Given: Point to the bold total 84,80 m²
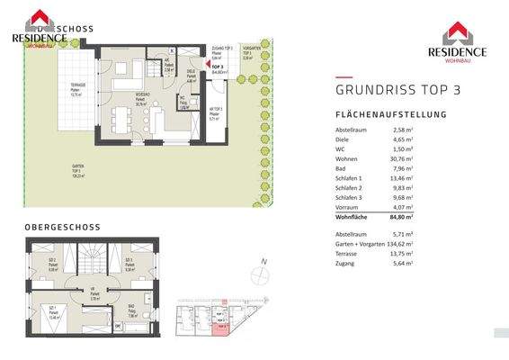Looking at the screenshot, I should pos(401,217).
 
